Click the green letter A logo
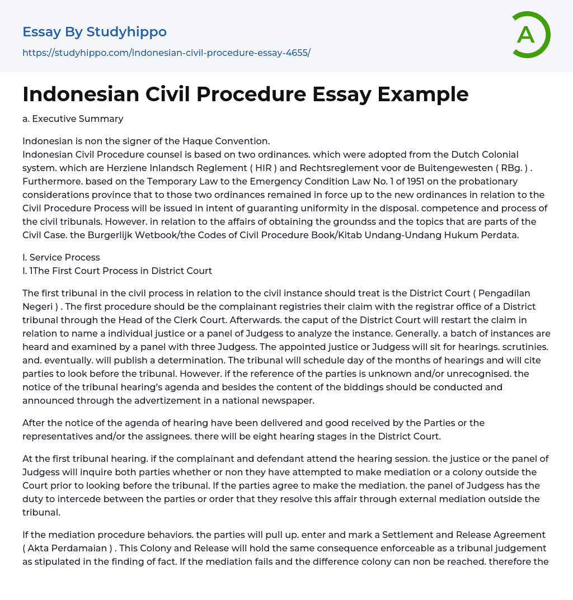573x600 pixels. tap(528, 35)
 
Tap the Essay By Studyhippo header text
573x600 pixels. tap(95, 32)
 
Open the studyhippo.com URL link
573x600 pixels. tap(166, 53)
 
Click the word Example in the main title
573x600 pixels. tap(423, 94)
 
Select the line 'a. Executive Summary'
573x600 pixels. tap(73, 119)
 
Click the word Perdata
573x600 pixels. tap(499, 235)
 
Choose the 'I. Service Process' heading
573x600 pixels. tap(61, 257)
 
